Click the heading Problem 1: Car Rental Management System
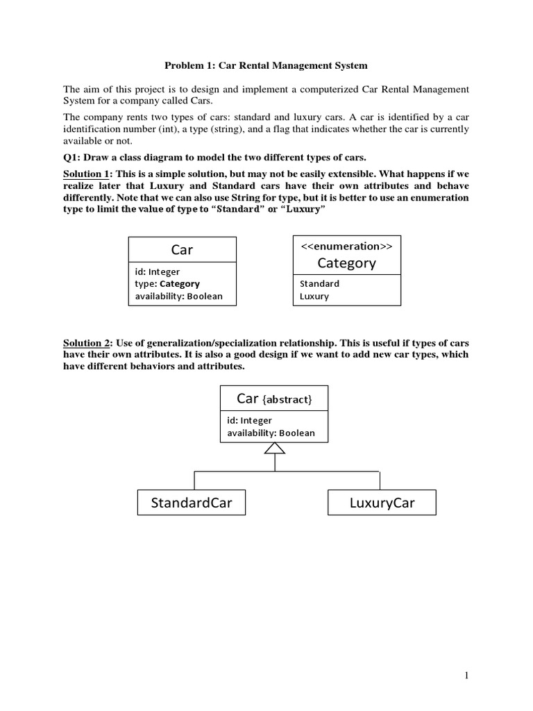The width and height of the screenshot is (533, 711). tap(266, 66)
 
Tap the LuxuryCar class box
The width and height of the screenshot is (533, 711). tap(382, 503)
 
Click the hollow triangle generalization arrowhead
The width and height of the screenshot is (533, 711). tap(275, 449)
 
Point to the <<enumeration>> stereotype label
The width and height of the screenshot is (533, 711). tap(347, 246)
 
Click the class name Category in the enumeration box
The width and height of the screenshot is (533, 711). tap(347, 262)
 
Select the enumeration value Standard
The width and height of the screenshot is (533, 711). tap(319, 283)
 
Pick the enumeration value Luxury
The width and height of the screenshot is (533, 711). tap(314, 296)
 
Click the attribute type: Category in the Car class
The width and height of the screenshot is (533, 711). tap(167, 283)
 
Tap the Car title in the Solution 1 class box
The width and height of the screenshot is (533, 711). tap(182, 249)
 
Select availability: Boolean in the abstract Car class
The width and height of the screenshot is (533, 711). tap(271, 433)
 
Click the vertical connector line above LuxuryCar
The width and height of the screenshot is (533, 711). tap(380, 480)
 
